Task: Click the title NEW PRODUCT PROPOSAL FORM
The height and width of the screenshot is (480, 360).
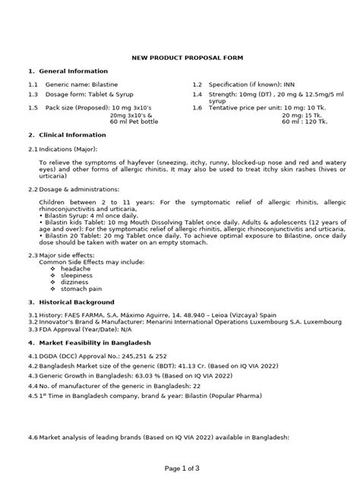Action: pyautogui.click(x=179, y=57)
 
